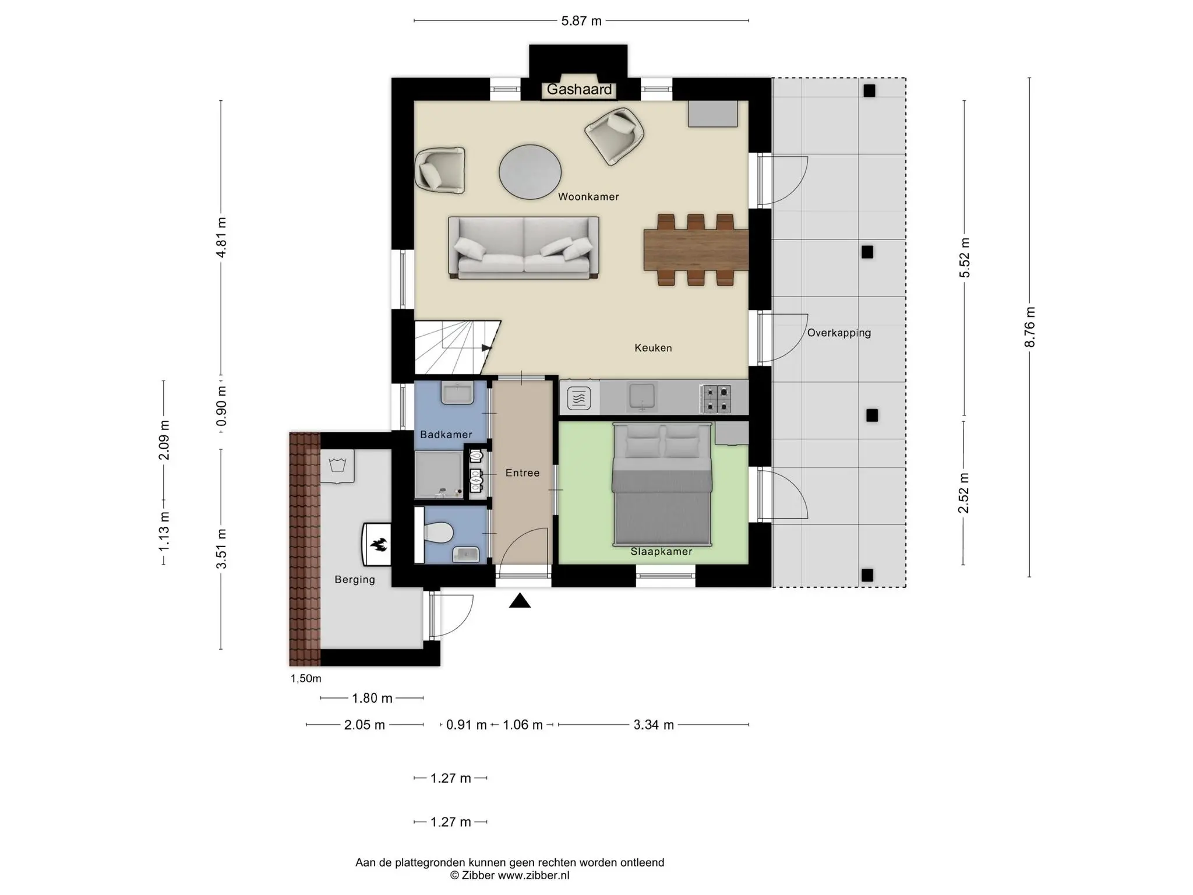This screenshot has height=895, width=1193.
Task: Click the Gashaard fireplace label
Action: (579, 90)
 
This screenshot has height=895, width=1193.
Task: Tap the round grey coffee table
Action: (530, 172)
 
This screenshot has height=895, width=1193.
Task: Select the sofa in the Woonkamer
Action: (524, 248)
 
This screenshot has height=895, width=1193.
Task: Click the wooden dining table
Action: (696, 250)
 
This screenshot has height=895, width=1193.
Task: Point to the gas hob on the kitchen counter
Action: (715, 399)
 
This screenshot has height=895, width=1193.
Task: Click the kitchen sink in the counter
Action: (643, 396)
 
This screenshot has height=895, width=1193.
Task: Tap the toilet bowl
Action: (439, 533)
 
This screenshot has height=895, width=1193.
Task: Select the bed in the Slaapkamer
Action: (662, 485)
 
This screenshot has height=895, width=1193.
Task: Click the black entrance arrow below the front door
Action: (520, 601)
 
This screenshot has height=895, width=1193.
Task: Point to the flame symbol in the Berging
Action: (378, 545)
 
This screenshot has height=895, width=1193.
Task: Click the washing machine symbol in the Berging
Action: (337, 466)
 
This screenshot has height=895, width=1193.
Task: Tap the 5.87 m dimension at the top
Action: (581, 21)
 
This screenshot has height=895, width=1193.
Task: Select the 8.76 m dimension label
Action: (1030, 327)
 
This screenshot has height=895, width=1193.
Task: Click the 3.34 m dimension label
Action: (654, 725)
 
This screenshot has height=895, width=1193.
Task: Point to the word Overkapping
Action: (839, 333)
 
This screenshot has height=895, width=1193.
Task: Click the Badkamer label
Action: (446, 435)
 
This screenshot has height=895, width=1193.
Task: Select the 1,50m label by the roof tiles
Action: (306, 679)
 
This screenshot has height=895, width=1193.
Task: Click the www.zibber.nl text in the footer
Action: (534, 876)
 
